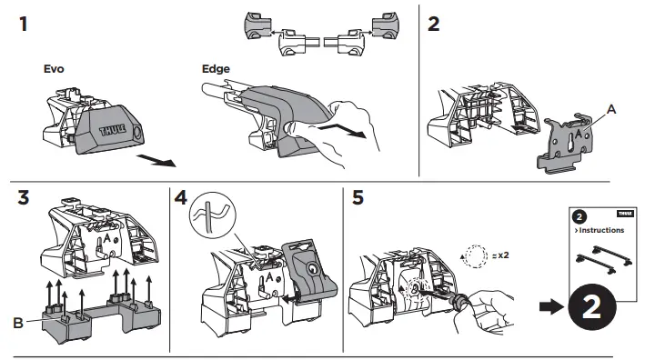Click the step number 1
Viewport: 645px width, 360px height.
tap(25, 25)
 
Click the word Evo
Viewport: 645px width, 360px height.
tap(55, 69)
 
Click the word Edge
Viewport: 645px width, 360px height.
tap(216, 69)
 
